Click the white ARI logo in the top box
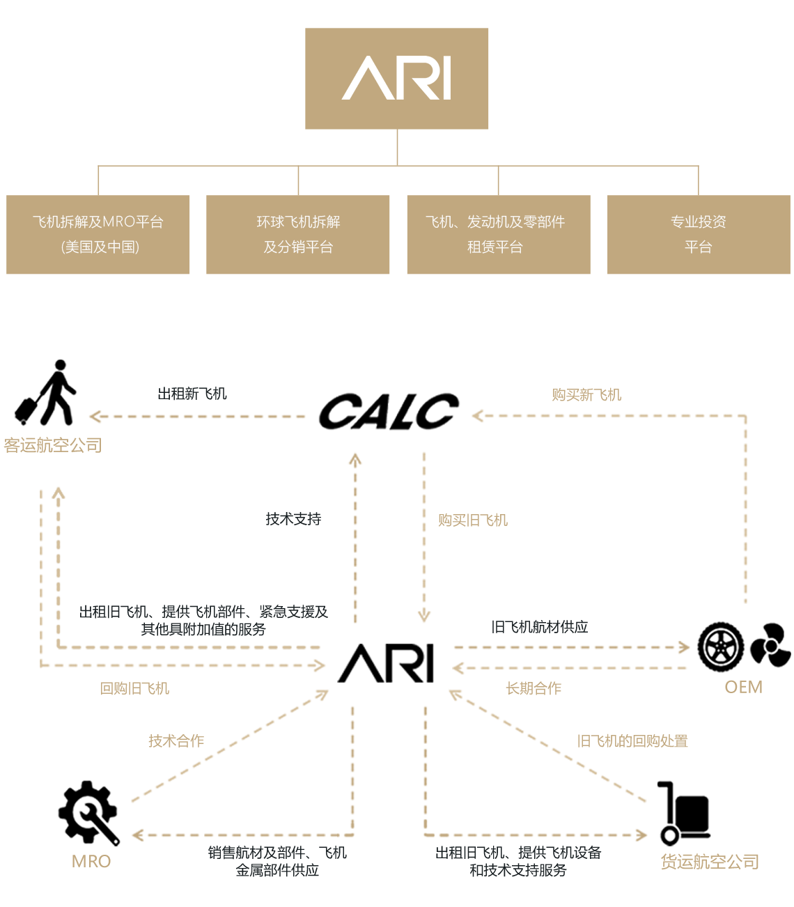pyautogui.click(x=396, y=78)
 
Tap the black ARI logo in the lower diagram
pyautogui.click(x=386, y=663)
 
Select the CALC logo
pyautogui.click(x=388, y=411)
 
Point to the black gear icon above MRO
pyautogui.click(x=88, y=801)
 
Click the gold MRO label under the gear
pyautogui.click(x=91, y=862)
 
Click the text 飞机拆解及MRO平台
pyautogui.click(x=98, y=222)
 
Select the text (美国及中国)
pyautogui.click(x=100, y=247)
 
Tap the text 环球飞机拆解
pyautogui.click(x=298, y=222)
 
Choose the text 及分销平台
pyautogui.click(x=298, y=247)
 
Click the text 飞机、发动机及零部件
pyautogui.click(x=495, y=222)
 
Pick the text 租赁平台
pyautogui.click(x=495, y=247)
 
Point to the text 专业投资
pyautogui.click(x=699, y=222)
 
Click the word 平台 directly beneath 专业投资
pyautogui.click(x=699, y=247)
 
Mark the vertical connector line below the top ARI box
pyautogui.click(x=397, y=147)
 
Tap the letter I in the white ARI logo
pyautogui.click(x=446, y=78)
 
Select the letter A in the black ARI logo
pyautogui.click(x=356, y=664)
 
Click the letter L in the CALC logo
pyautogui.click(x=411, y=411)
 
